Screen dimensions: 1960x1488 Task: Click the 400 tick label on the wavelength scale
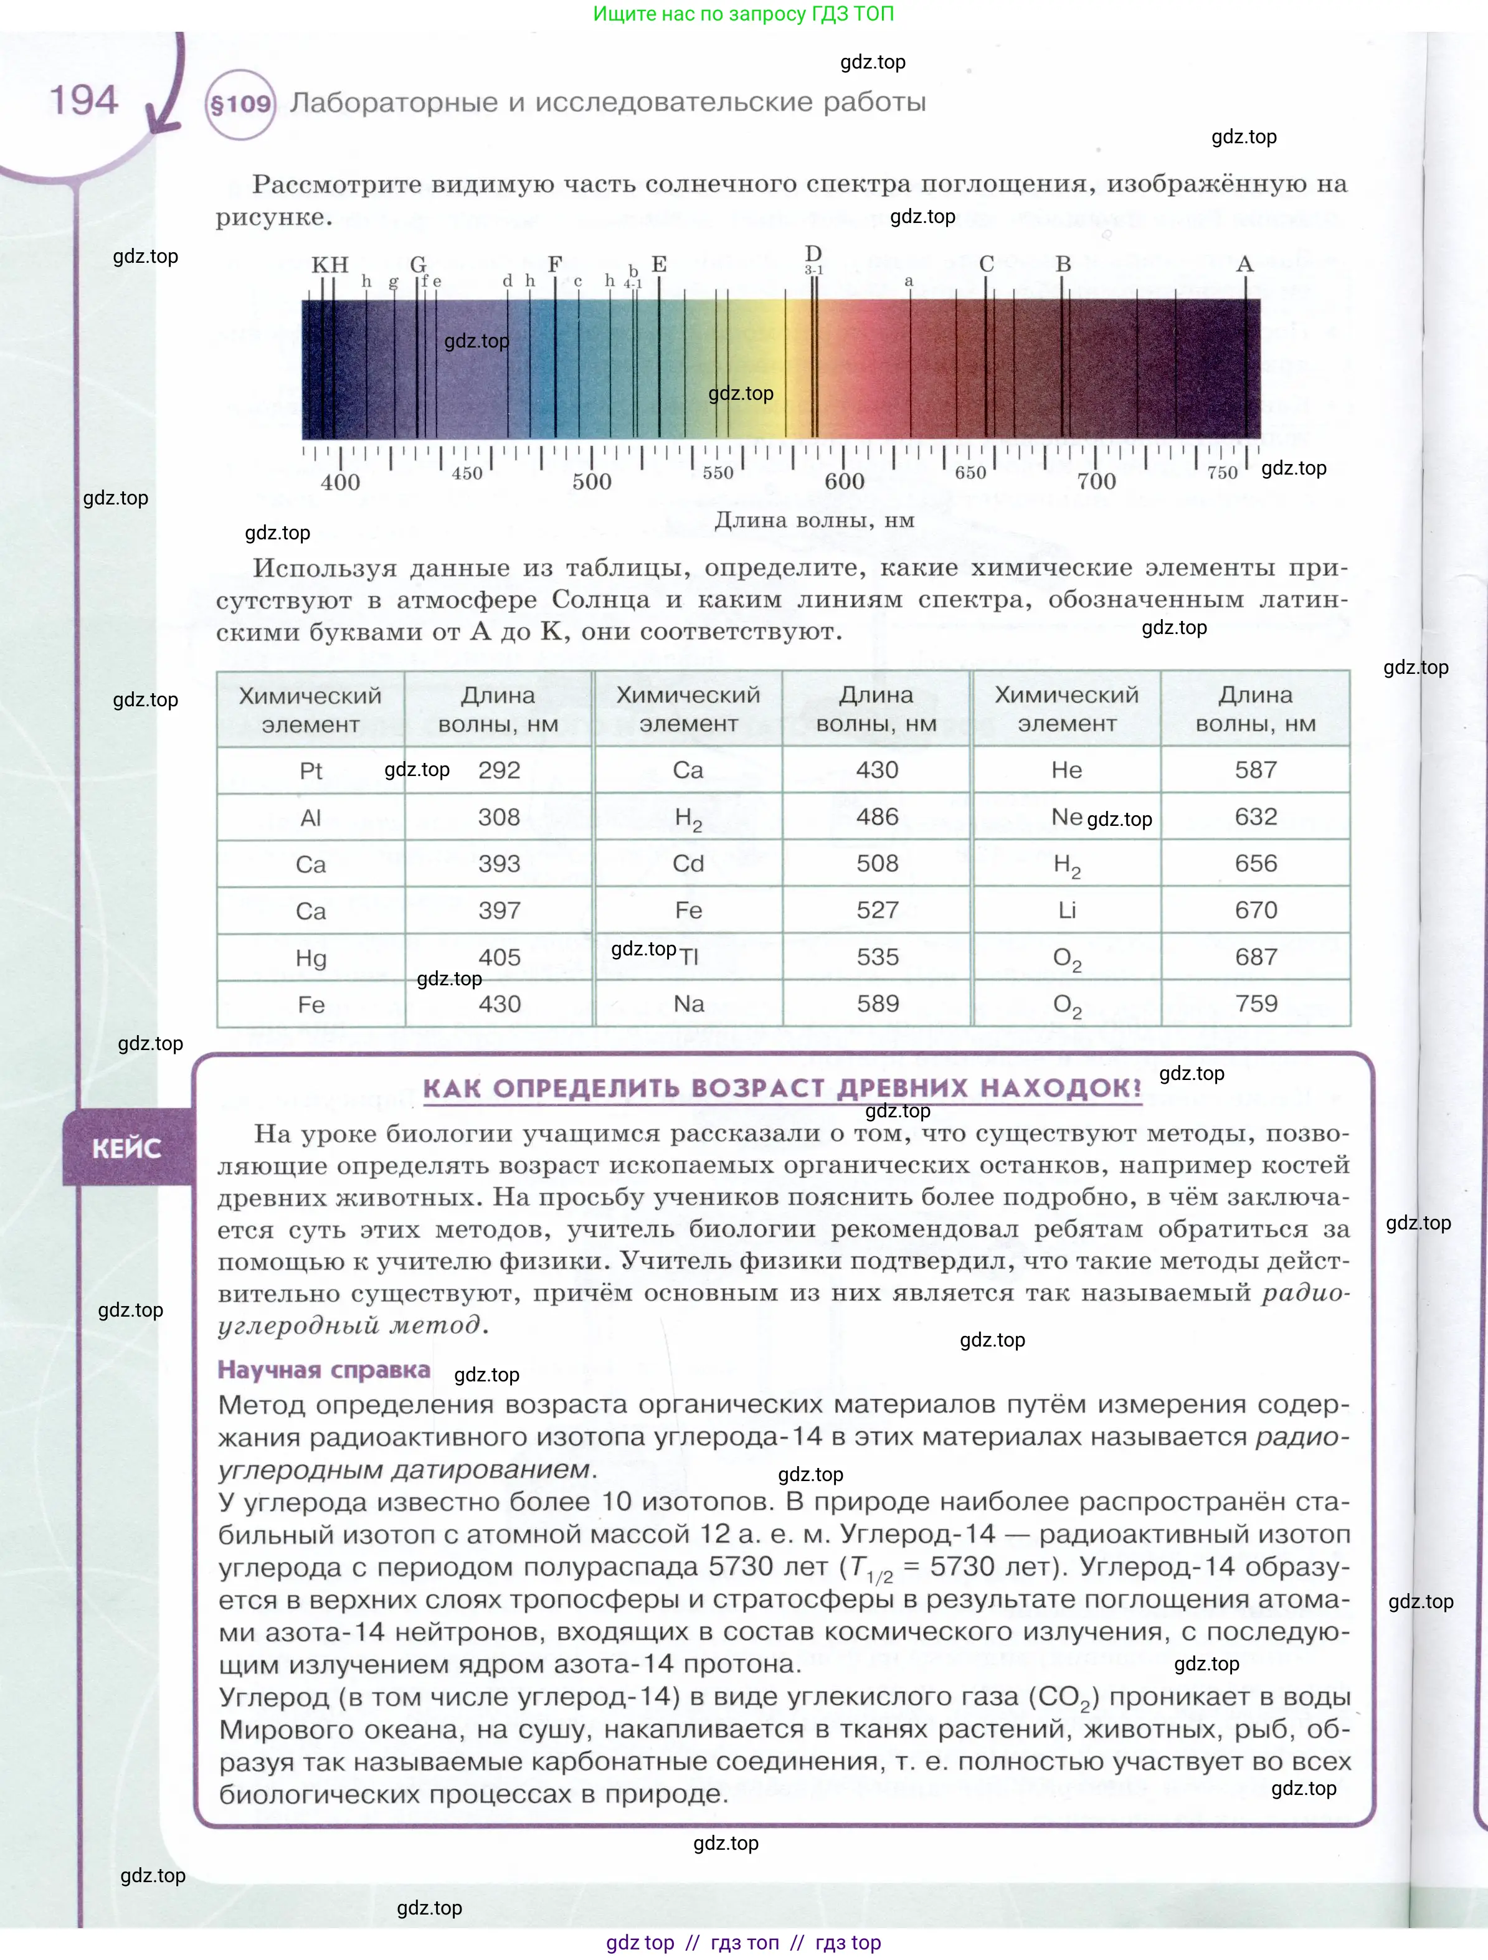point(340,482)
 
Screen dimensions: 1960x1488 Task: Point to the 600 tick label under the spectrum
point(844,481)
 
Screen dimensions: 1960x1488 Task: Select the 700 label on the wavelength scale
point(1096,481)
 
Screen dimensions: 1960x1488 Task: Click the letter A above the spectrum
point(1244,264)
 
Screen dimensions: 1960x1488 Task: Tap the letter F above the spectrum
point(555,264)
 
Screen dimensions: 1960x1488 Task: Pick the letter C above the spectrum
point(987,264)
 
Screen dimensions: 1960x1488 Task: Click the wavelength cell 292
point(499,770)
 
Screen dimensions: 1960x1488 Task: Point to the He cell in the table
point(1066,770)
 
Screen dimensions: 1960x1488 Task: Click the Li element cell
point(1066,910)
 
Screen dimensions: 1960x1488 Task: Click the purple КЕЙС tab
point(126,1148)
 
